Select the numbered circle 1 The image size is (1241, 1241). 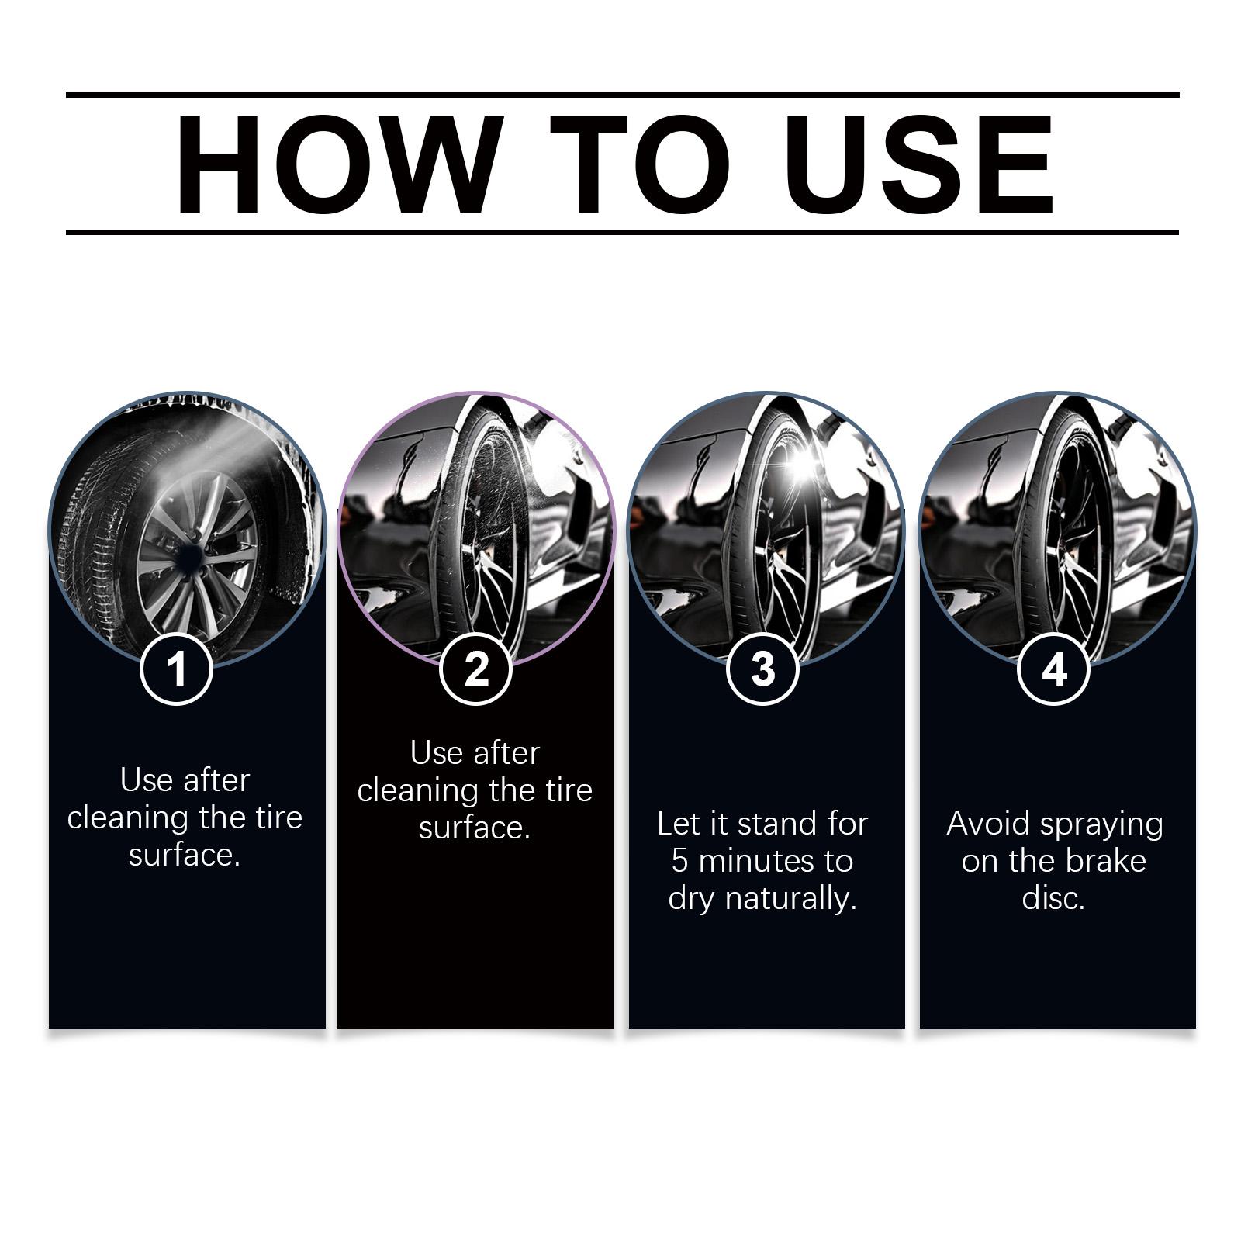tap(177, 668)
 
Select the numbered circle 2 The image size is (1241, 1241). tap(476, 668)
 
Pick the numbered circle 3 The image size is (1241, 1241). tap(763, 668)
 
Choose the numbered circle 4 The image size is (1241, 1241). tap(1054, 668)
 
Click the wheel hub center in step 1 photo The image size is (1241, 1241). tap(189, 555)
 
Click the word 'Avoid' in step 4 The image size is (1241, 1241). tap(989, 824)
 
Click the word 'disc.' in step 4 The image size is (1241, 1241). tap(1053, 898)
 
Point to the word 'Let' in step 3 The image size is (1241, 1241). tap(679, 824)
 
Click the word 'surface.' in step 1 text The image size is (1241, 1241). tap(185, 855)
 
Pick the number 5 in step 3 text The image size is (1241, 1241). tap(680, 861)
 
